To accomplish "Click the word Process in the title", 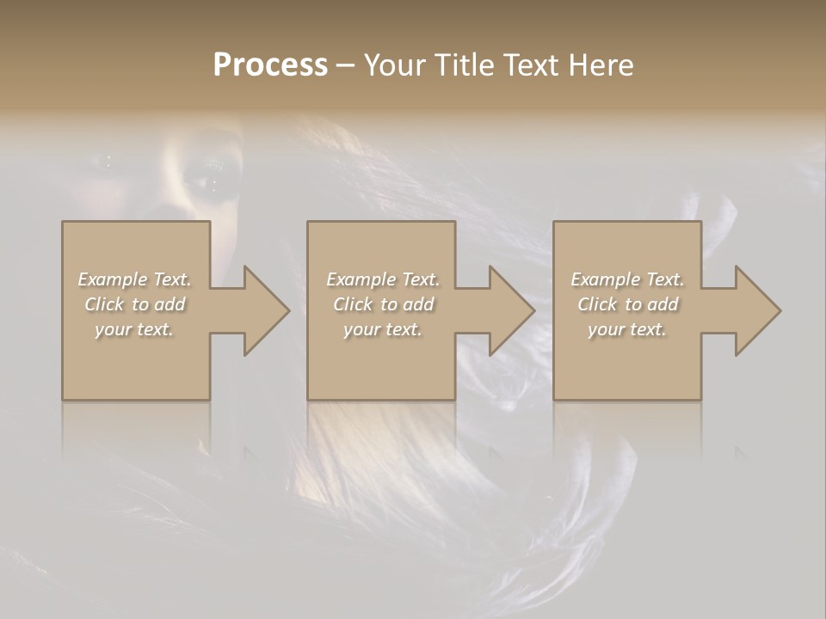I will (x=270, y=65).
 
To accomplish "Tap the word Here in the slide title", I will (x=601, y=65).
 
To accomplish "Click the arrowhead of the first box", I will (x=258, y=310).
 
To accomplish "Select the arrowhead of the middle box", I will (x=503, y=310).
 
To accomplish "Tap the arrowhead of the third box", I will (x=749, y=310).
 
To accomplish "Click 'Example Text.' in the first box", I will (x=134, y=279).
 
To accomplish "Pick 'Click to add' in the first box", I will (x=134, y=304).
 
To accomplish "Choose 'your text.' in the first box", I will (x=134, y=329).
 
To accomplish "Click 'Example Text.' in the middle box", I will (x=383, y=279).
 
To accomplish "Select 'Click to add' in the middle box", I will (x=383, y=304).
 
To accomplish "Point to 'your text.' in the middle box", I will (x=383, y=329).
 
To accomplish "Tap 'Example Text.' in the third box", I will (x=627, y=279).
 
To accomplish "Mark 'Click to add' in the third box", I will (x=627, y=304).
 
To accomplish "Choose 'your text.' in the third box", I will (x=627, y=329).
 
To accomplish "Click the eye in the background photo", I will (x=208, y=182).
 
